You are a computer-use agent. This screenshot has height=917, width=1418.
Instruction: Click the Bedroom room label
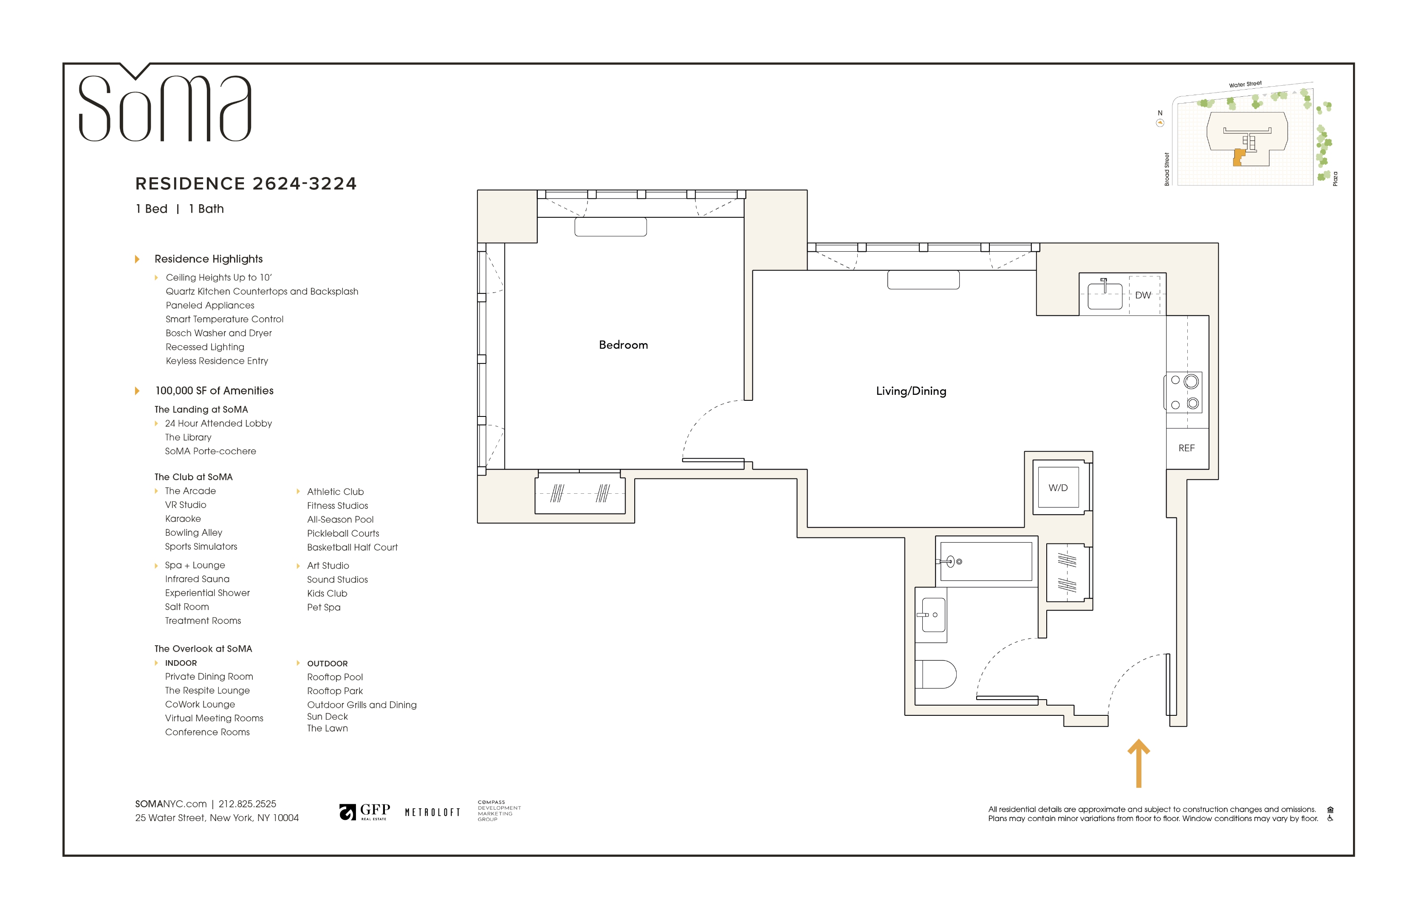pos(623,345)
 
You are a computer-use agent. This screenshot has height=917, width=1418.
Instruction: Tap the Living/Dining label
pos(911,391)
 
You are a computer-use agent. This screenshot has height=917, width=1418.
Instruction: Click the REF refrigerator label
pos(1186,448)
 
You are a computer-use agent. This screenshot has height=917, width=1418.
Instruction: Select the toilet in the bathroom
pos(936,674)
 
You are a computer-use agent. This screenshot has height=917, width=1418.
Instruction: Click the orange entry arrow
pos(1138,763)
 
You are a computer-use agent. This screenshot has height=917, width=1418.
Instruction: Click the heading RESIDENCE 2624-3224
pos(246,183)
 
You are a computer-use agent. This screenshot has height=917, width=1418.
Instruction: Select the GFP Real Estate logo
pos(364,812)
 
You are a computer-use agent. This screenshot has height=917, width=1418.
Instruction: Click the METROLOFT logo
pos(432,812)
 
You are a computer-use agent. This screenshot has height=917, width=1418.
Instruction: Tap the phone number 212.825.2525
pos(247,804)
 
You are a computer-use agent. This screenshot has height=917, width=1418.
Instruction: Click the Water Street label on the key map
pos(1245,84)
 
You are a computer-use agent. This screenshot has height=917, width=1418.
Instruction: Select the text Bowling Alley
pos(194,532)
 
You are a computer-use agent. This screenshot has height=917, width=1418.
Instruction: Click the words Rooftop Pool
pos(335,677)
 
